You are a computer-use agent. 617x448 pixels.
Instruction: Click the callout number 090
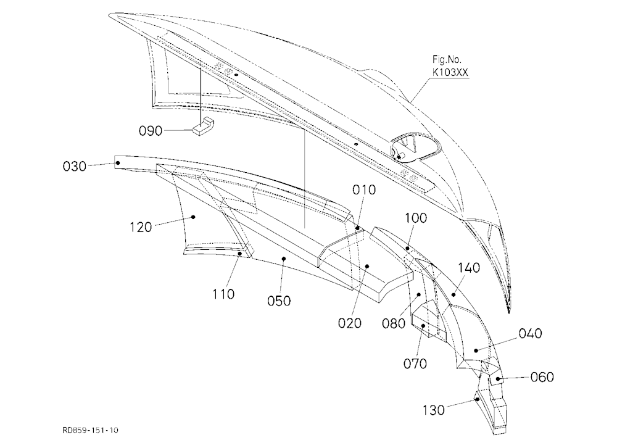151,131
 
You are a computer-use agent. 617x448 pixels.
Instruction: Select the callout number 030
75,166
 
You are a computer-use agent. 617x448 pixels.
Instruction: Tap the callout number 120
141,227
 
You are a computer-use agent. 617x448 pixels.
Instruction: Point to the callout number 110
223,294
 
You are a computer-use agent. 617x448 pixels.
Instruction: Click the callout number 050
279,301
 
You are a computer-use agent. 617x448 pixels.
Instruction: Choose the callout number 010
364,189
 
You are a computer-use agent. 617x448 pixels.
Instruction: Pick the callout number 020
350,323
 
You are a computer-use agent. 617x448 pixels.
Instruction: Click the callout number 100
416,218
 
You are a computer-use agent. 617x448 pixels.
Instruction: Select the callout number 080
394,323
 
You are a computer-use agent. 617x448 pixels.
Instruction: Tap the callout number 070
415,363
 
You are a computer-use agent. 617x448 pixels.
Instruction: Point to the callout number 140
469,268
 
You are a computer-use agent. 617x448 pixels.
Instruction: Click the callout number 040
531,333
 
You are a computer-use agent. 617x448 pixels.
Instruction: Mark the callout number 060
542,377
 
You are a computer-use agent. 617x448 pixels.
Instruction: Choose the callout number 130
434,410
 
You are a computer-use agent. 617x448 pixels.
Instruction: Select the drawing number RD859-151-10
90,430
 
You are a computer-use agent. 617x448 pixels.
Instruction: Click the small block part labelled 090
203,126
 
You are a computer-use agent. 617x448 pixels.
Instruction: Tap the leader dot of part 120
193,217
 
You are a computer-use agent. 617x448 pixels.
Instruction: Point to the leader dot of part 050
283,259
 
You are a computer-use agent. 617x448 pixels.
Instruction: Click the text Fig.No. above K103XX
447,59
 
